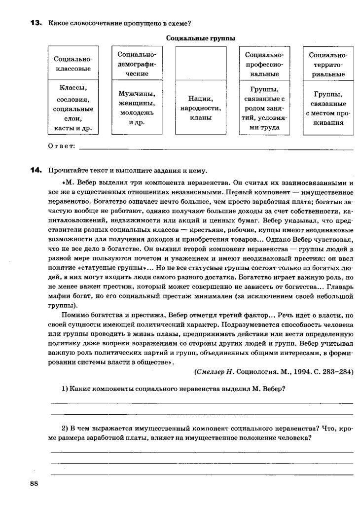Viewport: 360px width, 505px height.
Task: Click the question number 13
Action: coord(36,23)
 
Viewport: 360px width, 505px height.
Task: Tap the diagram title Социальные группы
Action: coord(200,38)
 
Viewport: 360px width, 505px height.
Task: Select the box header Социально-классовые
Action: coord(72,64)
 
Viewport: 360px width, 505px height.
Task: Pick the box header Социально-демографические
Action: coord(137,64)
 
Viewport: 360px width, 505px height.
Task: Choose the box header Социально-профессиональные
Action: coord(264,64)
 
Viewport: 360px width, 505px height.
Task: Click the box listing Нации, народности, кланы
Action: coord(200,108)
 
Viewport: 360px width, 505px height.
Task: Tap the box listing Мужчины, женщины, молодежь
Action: coord(137,108)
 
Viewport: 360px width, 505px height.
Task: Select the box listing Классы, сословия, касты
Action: coord(72,108)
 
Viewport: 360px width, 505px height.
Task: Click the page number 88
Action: coord(34,483)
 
